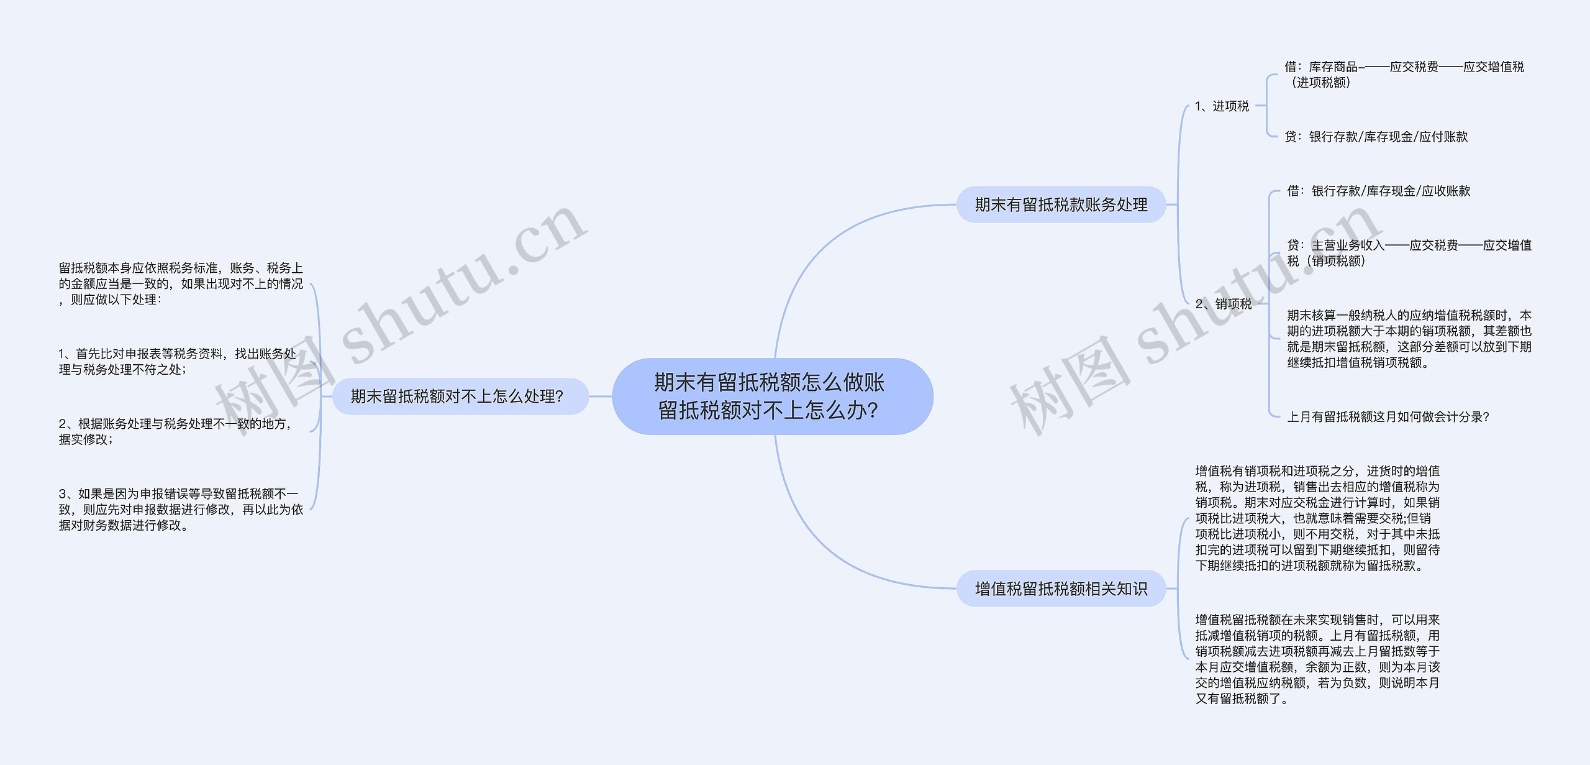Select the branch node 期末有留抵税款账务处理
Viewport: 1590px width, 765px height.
1061,204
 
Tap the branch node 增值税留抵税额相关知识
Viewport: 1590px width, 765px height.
1061,589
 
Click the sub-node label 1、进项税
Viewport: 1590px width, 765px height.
1222,106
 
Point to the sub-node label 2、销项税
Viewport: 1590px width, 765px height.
1224,304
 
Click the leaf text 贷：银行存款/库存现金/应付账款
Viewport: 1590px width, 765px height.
1376,137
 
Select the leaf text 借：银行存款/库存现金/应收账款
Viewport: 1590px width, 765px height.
1378,191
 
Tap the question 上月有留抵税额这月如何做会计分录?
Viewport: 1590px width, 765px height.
1388,417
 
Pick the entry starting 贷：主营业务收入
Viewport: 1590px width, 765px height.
1409,253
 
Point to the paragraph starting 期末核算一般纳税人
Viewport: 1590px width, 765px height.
1409,339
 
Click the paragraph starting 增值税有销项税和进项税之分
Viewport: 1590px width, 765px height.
1317,518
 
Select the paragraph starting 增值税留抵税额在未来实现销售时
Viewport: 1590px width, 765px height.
1317,659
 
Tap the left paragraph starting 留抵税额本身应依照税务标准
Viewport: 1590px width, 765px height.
181,283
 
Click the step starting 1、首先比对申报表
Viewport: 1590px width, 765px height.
177,362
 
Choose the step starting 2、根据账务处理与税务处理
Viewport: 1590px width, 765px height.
175,431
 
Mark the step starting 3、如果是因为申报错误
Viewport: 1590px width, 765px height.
181,510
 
